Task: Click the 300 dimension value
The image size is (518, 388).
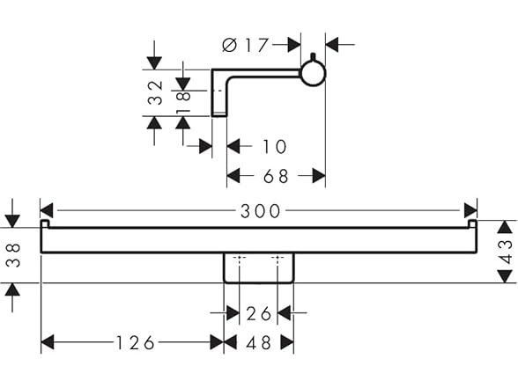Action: coord(261,211)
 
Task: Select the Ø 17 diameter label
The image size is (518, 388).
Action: coord(245,45)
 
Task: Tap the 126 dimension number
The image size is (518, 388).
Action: coord(135,342)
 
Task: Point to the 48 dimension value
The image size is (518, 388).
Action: coord(259,342)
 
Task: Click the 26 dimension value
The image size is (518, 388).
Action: coord(259,313)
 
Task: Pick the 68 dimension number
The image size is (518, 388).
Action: coord(276,176)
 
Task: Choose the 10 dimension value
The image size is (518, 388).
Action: coord(274,146)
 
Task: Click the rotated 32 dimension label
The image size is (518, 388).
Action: coord(155,92)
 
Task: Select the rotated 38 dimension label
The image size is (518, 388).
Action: coord(13,255)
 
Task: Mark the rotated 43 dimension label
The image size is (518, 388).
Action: coord(506,252)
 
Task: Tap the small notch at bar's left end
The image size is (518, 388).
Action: coord(45,223)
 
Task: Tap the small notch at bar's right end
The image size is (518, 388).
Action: coord(473,223)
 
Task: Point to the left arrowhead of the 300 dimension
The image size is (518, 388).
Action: coord(47,210)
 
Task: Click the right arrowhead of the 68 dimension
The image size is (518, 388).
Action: coord(319,176)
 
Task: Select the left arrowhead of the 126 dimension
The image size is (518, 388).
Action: coord(48,342)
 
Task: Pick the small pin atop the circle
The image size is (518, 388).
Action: coord(313,57)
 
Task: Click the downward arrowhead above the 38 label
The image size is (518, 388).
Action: coord(13,221)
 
